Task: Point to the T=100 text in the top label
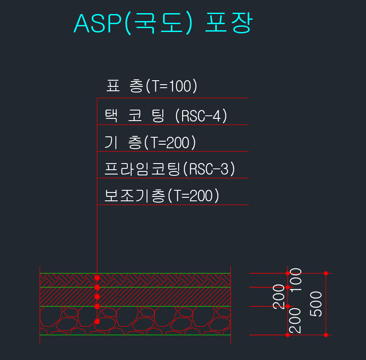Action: click(171, 86)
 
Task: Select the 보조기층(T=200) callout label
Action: click(161, 196)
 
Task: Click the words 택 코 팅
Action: click(134, 116)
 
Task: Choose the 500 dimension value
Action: click(316, 303)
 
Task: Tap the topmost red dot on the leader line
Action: click(97, 278)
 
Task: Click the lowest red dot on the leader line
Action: click(97, 321)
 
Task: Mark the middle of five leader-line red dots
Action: click(97, 297)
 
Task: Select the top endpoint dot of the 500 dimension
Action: click(326, 273)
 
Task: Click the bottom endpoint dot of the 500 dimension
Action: click(326, 335)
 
